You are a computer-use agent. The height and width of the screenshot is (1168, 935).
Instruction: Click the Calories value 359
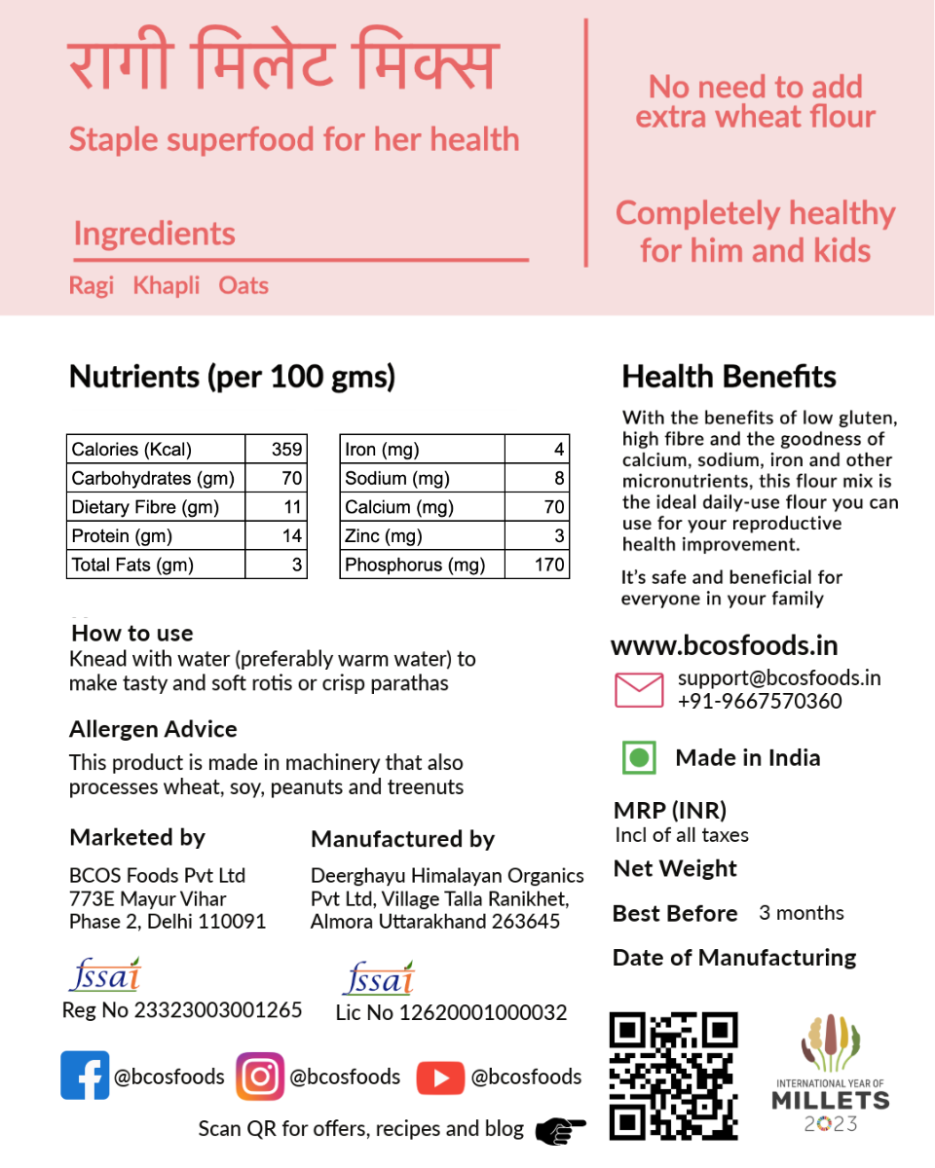tap(287, 450)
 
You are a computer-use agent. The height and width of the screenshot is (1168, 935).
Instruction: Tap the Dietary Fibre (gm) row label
tap(145, 507)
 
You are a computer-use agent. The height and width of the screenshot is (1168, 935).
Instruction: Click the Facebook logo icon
tap(85, 1076)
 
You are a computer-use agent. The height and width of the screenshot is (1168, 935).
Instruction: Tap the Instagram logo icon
tap(260, 1077)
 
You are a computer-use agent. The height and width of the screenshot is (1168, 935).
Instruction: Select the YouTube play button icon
tap(440, 1077)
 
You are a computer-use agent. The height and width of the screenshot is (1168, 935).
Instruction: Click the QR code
tap(673, 1076)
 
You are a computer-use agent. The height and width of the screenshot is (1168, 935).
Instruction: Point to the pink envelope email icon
tap(639, 689)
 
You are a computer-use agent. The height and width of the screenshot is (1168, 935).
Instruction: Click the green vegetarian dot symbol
tap(639, 757)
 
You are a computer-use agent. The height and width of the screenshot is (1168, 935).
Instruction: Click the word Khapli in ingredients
tap(167, 285)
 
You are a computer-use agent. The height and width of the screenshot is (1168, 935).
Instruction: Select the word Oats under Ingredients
tap(243, 285)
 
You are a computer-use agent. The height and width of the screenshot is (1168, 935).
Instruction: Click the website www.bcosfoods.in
tap(724, 645)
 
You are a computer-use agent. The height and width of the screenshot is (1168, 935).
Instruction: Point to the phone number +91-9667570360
tap(760, 701)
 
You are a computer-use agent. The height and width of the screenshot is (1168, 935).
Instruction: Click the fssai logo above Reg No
tap(105, 974)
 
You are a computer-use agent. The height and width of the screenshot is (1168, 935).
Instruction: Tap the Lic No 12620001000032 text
tap(451, 1012)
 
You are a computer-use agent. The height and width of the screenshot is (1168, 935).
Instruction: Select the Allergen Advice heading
tap(153, 729)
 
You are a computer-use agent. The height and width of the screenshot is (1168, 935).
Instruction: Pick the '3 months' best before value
tap(802, 913)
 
